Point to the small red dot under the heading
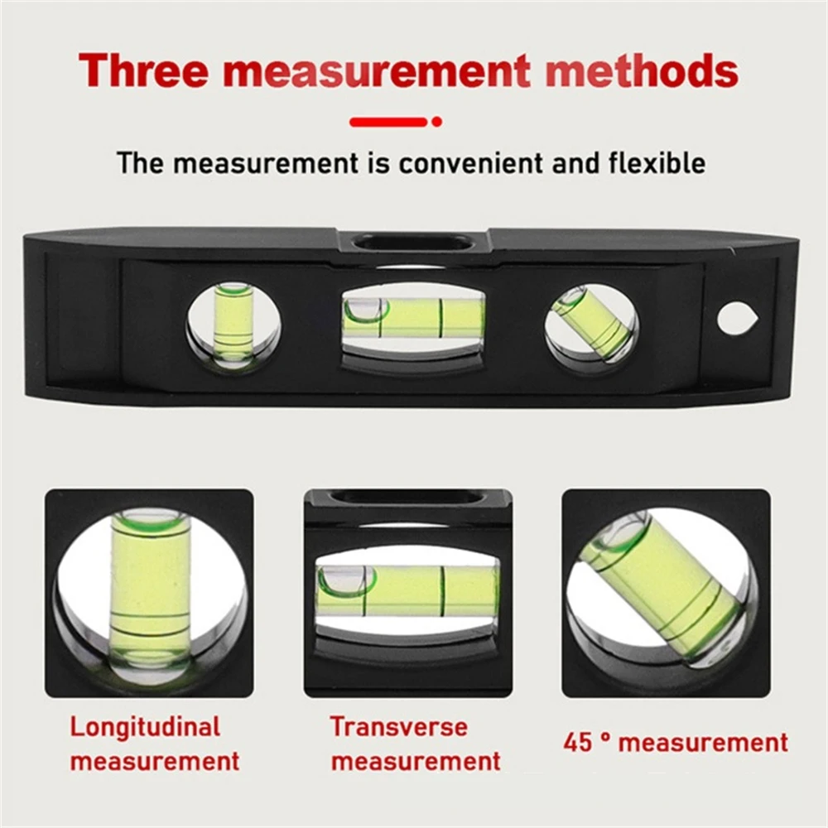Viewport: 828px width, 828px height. [x=437, y=122]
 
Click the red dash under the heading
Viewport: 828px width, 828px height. [x=388, y=122]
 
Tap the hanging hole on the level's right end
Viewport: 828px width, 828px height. [x=735, y=319]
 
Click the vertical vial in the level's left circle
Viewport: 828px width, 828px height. [x=233, y=323]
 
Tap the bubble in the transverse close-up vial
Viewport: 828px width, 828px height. [x=346, y=580]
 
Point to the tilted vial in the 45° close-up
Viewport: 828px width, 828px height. [x=662, y=588]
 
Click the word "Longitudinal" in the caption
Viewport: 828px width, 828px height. [x=145, y=728]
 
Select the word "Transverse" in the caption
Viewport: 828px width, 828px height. [x=399, y=727]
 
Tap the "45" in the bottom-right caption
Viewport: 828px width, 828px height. [x=578, y=742]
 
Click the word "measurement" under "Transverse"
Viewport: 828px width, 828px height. [x=416, y=760]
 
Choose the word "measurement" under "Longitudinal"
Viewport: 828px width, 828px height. [x=154, y=760]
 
